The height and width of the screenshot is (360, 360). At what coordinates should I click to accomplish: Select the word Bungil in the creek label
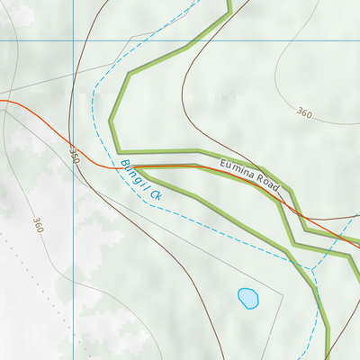[131, 175]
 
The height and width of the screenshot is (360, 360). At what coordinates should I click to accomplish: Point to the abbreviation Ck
[155, 193]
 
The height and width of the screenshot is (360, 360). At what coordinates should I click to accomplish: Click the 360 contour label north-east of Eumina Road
[303, 113]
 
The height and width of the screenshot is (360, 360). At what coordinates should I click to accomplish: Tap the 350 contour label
[74, 155]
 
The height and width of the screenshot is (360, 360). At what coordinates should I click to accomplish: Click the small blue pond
[247, 298]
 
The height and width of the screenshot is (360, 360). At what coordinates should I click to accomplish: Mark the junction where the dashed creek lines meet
[310, 268]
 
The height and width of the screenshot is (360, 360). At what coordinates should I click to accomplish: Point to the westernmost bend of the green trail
[111, 120]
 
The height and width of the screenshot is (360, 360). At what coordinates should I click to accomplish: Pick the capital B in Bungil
[122, 165]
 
